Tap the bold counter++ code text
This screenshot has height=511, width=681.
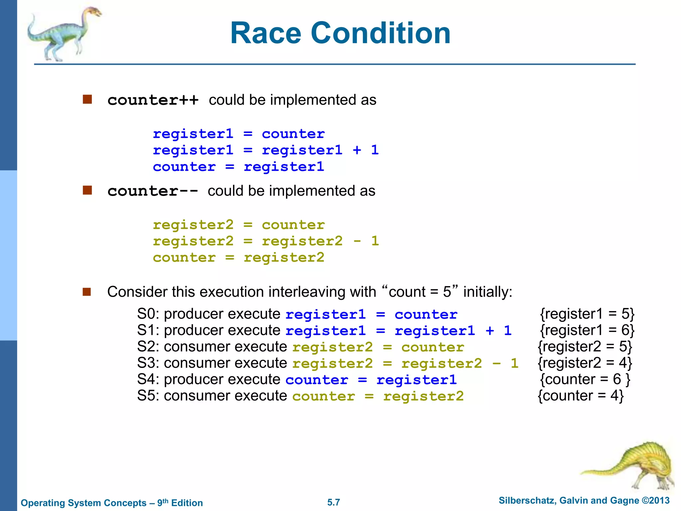tap(153, 100)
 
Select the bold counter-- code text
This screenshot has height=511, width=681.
tap(153, 191)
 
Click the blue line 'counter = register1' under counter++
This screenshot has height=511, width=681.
tap(238, 167)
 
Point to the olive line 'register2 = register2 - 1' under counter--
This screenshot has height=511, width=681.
tap(266, 241)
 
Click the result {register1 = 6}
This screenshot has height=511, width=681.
tap(587, 330)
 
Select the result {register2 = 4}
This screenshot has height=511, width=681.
tap(585, 363)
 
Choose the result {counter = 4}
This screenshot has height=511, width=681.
tap(581, 396)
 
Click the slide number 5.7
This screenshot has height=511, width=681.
tap(334, 502)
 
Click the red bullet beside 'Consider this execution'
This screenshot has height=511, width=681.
tap(87, 292)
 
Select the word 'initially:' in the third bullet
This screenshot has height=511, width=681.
tap(488, 292)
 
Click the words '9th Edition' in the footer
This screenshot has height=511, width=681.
tap(180, 502)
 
